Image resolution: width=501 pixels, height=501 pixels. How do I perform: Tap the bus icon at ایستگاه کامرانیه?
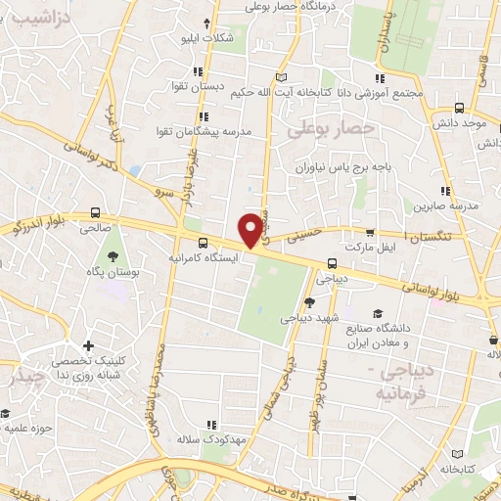(x=203, y=242)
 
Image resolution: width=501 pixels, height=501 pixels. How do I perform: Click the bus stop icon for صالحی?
(x=95, y=211)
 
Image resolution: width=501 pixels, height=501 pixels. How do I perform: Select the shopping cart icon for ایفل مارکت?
(x=369, y=233)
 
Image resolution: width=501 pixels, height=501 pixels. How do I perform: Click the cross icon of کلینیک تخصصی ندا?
(x=89, y=345)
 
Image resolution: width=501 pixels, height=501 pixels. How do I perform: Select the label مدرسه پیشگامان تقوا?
(x=203, y=130)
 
